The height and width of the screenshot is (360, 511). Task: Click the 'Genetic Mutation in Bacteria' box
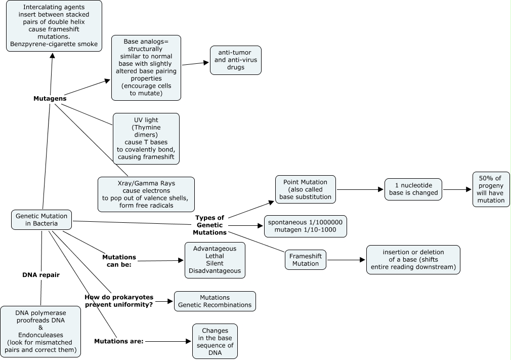(x=41, y=220)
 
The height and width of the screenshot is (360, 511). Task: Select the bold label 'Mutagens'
(x=50, y=98)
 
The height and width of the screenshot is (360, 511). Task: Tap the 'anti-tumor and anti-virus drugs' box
(x=236, y=60)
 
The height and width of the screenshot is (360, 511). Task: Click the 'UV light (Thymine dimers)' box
(x=146, y=139)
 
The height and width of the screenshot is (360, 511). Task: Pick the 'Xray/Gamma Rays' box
(x=146, y=194)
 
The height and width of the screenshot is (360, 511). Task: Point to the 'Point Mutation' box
(x=306, y=189)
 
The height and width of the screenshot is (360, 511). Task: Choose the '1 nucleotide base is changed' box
(x=413, y=189)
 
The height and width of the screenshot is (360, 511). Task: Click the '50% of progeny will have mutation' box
(x=491, y=189)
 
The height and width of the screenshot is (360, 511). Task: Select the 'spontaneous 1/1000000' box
(x=306, y=226)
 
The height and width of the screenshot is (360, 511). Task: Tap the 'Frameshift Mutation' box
(x=306, y=260)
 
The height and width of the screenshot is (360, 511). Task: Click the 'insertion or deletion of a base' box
(x=413, y=260)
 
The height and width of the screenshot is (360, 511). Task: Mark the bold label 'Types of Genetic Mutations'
(x=210, y=225)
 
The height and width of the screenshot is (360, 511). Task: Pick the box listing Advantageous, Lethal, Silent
(x=215, y=260)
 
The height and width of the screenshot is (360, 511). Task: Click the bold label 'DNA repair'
(x=41, y=275)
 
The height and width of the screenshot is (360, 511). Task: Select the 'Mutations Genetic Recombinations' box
(x=215, y=301)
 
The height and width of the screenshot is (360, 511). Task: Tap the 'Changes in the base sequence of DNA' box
(x=215, y=341)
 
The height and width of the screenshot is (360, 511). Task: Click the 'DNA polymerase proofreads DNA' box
(x=40, y=331)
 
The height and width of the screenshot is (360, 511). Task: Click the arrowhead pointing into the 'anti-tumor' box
(x=206, y=63)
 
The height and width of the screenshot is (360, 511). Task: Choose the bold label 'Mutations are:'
(x=119, y=341)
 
